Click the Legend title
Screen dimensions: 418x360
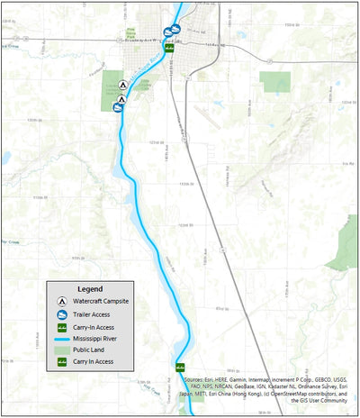tap(91, 288)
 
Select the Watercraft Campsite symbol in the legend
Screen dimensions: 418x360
tap(60, 300)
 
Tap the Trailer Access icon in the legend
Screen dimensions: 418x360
tap(60, 313)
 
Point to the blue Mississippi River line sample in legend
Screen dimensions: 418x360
tap(60, 338)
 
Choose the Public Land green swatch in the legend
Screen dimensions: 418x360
tap(60, 350)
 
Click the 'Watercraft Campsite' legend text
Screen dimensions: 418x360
tap(102, 300)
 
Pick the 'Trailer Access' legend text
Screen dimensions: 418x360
tap(92, 313)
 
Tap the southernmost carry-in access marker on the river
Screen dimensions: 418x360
tap(179, 368)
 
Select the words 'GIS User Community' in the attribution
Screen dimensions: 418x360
tap(319, 402)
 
